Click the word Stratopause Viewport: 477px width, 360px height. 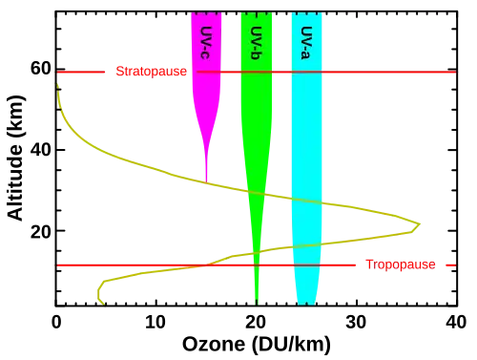pos(151,72)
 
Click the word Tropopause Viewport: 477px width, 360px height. pos(401,265)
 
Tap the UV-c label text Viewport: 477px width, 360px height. pos(206,43)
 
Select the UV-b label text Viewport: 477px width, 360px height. pos(256,43)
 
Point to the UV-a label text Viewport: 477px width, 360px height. pos(306,43)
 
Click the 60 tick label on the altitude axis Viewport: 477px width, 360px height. pos(41,69)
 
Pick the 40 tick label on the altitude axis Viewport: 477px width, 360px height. pos(41,150)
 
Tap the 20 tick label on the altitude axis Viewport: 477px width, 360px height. pos(41,231)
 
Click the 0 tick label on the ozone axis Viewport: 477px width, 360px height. pos(56,322)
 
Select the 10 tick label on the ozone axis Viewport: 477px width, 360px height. pos(156,322)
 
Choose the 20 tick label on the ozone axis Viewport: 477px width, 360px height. pos(256,322)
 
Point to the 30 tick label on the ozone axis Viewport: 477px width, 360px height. pos(356,322)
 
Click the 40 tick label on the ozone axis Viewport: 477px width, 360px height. pos(456,322)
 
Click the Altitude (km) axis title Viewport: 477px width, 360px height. pos(15,158)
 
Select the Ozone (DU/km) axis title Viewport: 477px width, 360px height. pos(257,345)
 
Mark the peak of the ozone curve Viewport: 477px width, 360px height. pos(420,224)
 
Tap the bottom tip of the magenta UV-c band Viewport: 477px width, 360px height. pos(207,181)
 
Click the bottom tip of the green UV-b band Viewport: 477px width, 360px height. pos(257,304)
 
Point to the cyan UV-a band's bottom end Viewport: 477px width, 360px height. pos(306,304)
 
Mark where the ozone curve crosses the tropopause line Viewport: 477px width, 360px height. pos(207,265)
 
